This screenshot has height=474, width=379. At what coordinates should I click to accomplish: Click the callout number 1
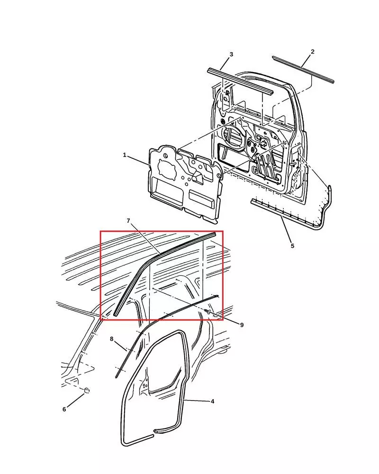point(125,155)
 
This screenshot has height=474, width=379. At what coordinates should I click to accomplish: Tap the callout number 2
point(313,51)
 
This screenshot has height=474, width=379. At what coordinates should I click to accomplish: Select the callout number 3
point(231,55)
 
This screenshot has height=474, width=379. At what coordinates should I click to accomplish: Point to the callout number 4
point(212,401)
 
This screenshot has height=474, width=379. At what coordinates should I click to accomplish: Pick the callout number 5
point(292,246)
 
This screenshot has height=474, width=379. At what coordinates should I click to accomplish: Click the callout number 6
point(64,410)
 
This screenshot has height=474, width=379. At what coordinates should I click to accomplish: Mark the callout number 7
point(128,221)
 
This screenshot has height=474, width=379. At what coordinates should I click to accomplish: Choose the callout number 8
point(111,339)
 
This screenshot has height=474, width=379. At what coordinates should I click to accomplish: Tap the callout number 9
point(242,325)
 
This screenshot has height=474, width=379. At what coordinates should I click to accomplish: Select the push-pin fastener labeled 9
point(208,312)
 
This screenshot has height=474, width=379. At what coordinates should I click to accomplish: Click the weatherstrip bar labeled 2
point(303,69)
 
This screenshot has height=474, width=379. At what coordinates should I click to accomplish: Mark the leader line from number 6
point(76,400)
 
